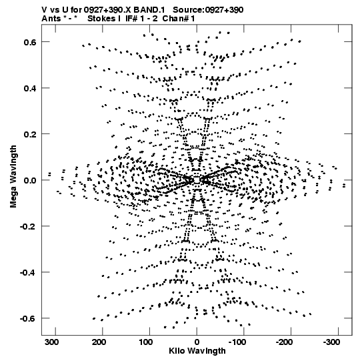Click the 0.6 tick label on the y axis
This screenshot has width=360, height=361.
coord(30,42)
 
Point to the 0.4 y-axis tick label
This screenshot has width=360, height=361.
coord(30,88)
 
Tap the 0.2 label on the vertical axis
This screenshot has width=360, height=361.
coord(30,134)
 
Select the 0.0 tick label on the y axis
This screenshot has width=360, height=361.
coord(30,180)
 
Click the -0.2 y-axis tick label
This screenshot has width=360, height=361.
coord(28,226)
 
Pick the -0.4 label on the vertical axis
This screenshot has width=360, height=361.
coord(28,272)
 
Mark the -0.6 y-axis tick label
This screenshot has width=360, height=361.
coord(28,318)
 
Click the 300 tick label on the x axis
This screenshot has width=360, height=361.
coord(51,342)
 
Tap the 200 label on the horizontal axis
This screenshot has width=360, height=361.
coord(99,342)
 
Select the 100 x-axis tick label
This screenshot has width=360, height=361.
coord(146,342)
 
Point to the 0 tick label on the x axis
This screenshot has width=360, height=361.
coord(197,342)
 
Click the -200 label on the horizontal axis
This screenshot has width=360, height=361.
coord(284,342)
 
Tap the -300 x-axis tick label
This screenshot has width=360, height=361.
coord(331,342)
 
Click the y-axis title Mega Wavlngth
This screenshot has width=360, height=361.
coord(13,177)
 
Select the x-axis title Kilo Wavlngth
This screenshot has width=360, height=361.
coord(197,351)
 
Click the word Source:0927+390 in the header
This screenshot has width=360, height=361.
coord(208,10)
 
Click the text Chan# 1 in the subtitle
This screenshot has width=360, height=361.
coord(179,19)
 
